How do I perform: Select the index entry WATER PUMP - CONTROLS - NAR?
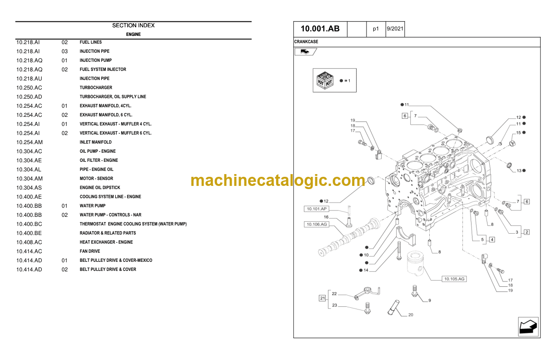(110, 215)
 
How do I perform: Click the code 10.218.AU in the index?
(29, 79)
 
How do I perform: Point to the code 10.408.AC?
(29, 242)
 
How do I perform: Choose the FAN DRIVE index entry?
(90, 251)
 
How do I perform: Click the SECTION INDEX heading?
(133, 25)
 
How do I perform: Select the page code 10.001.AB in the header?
(320, 29)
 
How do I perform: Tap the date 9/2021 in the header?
(394, 29)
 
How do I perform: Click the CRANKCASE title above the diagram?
(306, 42)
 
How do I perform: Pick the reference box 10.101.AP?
(316, 209)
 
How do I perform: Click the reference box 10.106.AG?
(316, 225)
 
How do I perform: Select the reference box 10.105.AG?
(454, 279)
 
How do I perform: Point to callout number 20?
(411, 315)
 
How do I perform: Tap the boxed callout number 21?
(322, 298)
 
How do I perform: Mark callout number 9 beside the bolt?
(429, 300)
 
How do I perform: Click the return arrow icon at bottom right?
(528, 327)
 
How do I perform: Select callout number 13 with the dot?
(519, 170)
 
